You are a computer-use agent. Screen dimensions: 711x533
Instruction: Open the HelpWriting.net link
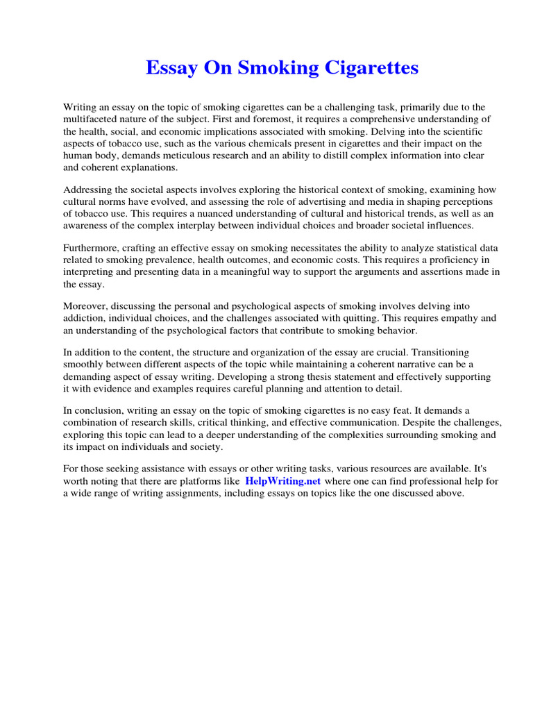click(x=282, y=481)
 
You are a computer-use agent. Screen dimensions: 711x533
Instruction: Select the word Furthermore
click(x=92, y=249)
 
